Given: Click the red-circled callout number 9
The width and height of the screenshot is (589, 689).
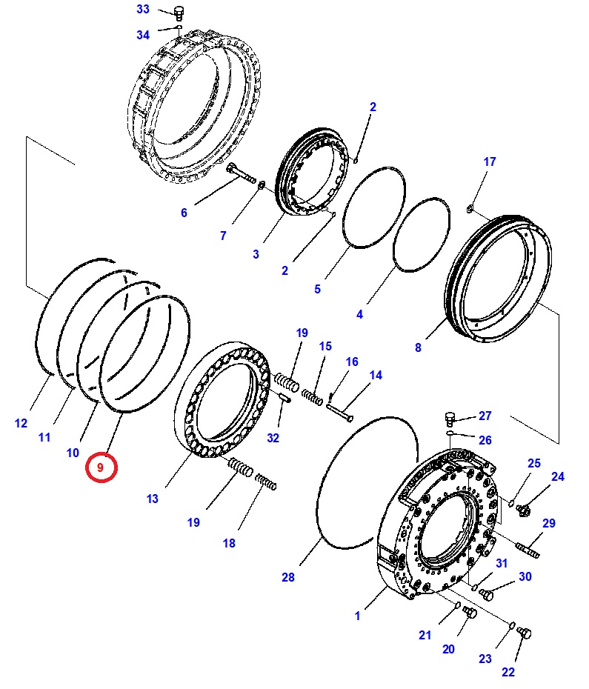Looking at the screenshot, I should point(101,468).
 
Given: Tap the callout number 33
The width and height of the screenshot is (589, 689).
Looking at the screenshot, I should point(143,10).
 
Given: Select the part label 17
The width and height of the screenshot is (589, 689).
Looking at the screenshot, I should point(490,162).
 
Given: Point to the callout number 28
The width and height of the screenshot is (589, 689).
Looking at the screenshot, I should point(288,577).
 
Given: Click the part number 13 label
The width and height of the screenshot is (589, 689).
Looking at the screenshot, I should point(153,499).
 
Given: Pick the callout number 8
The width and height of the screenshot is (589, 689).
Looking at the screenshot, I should point(418,347).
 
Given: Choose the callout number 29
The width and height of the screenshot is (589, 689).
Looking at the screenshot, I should point(548,523).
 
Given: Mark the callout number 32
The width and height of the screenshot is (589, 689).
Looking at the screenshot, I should point(273,438).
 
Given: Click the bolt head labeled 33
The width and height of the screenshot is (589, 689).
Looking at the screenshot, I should point(178,11).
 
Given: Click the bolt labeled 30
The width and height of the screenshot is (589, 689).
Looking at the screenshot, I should point(487,593).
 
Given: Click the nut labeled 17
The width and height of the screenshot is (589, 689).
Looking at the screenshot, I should point(470,208).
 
